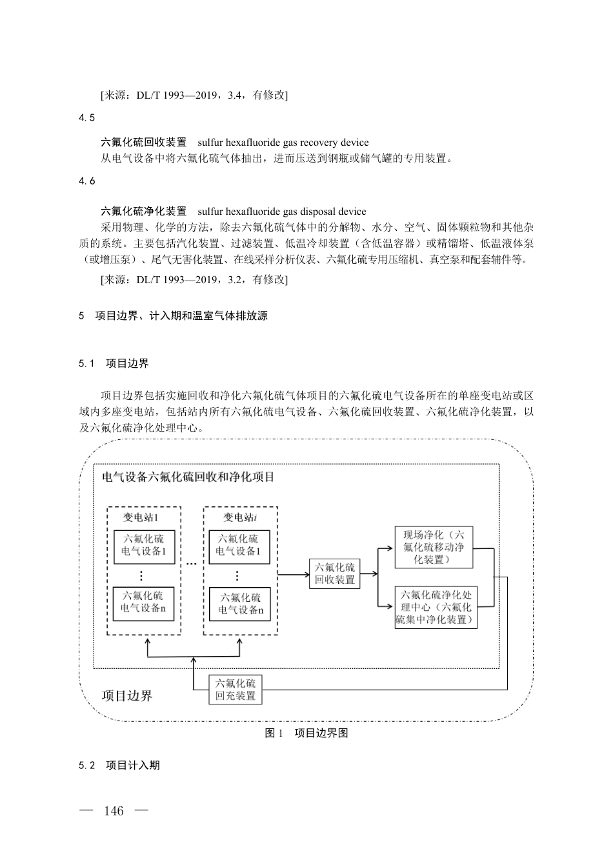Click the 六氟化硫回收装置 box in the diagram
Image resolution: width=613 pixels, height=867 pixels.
click(x=335, y=573)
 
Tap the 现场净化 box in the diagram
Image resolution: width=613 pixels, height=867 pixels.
click(x=434, y=547)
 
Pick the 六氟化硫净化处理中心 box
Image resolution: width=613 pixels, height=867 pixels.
click(x=436, y=608)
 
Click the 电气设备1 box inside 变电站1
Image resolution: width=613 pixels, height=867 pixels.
click(x=144, y=546)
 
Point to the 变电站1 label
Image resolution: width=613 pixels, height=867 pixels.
click(x=141, y=517)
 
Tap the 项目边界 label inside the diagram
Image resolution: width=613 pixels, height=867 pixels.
click(x=128, y=695)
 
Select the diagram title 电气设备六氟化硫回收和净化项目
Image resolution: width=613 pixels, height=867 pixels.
click(x=188, y=477)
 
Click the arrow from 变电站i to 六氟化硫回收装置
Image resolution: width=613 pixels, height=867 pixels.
click(x=293, y=573)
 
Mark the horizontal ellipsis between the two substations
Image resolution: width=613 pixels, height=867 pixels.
click(x=192, y=563)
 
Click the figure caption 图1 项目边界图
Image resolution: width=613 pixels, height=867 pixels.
click(x=306, y=733)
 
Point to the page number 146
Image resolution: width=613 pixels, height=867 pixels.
click(x=113, y=811)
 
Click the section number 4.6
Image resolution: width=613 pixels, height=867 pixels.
click(x=87, y=181)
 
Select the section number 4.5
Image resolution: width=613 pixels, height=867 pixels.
click(x=87, y=117)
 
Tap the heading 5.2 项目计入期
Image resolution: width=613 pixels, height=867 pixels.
click(x=119, y=765)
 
